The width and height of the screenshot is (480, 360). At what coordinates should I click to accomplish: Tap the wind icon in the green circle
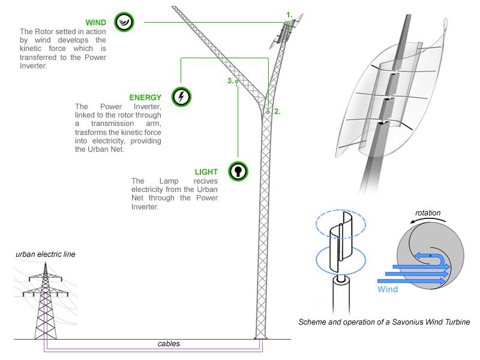[x=124, y=22]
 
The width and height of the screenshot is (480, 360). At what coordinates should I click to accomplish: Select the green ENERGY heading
[x=145, y=97]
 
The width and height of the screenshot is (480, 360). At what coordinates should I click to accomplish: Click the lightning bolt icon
[x=181, y=97]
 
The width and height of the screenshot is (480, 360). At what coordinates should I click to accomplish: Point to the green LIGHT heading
[x=208, y=172]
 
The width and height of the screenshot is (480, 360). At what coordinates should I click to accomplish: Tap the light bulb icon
[x=238, y=171]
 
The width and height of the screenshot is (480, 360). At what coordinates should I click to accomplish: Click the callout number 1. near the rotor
[x=289, y=14]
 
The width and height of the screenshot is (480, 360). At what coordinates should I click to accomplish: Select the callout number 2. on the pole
[x=277, y=111]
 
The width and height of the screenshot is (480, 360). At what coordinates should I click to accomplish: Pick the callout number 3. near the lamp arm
[x=230, y=80]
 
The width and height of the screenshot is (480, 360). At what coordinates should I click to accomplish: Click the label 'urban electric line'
[x=46, y=254]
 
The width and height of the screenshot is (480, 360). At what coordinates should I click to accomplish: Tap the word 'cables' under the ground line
[x=169, y=344]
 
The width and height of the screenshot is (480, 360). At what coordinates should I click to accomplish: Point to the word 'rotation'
[x=428, y=213]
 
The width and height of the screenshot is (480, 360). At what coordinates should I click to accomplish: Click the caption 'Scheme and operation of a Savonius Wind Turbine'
[x=384, y=322]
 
